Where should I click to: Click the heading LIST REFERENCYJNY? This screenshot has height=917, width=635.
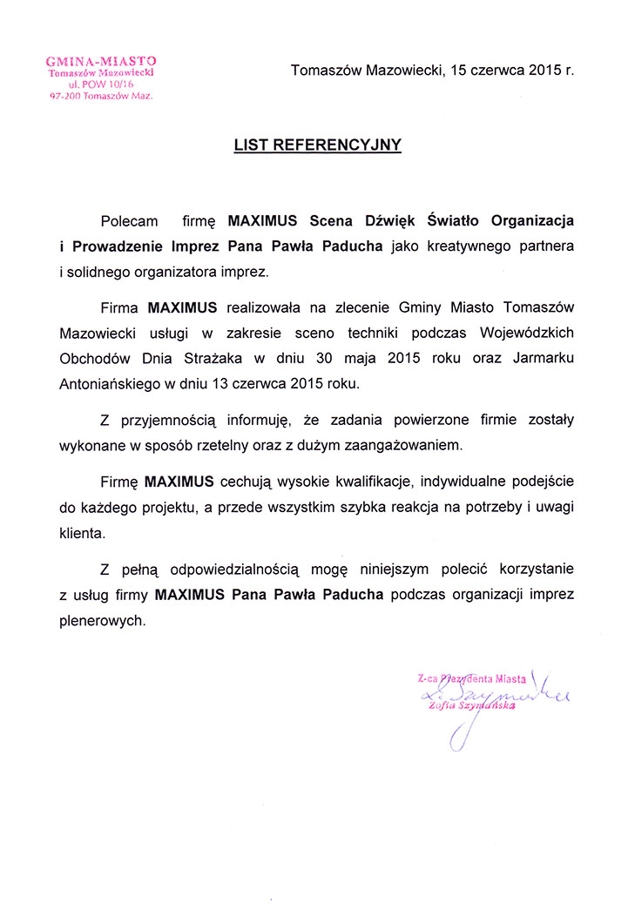tap(317, 145)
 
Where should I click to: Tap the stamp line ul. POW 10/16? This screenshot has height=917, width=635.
tap(101, 84)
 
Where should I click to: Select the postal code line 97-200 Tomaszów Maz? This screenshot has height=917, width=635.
tap(101, 97)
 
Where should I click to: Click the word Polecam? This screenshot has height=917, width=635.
tap(130, 222)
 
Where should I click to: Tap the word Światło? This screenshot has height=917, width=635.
tap(458, 222)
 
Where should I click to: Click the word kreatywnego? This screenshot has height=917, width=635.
tap(464, 246)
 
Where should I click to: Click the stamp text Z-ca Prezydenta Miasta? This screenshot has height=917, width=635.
tap(471, 677)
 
